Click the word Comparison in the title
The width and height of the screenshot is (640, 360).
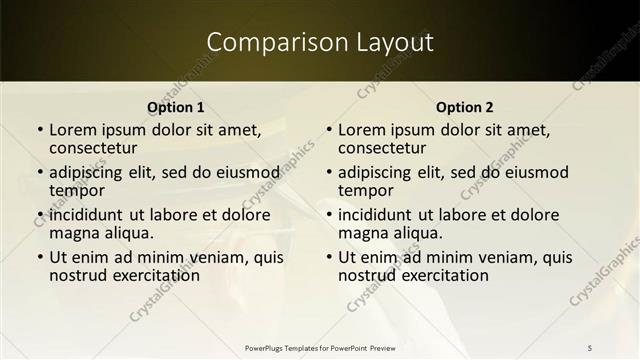264,42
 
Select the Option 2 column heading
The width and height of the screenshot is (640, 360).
465,107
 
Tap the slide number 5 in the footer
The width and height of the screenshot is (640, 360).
590,347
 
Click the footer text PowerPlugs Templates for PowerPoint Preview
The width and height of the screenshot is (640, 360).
319,347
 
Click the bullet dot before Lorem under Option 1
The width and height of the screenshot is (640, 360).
40,130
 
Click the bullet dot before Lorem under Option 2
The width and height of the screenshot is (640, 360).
329,130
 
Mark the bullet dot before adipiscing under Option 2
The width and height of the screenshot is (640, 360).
329,172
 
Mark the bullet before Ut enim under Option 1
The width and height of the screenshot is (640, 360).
40,257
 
